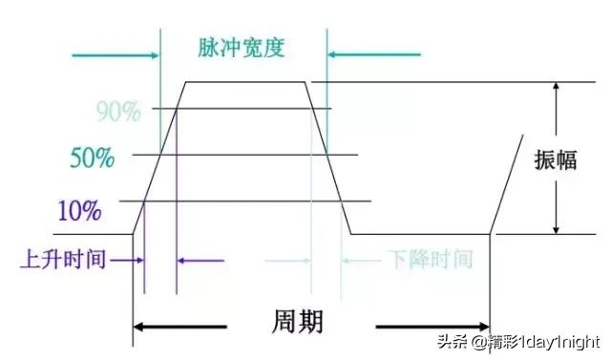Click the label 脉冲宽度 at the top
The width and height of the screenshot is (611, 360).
click(x=242, y=47)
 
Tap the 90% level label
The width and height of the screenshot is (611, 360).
click(x=118, y=112)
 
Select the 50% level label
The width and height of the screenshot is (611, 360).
click(x=92, y=157)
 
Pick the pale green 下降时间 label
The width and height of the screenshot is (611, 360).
click(x=430, y=259)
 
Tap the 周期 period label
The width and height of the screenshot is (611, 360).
click(x=296, y=321)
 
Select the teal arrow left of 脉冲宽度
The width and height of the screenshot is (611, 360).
click(x=115, y=55)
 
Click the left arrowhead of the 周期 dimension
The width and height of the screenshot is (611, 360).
click(x=139, y=328)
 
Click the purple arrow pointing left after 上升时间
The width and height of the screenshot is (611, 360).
click(x=199, y=260)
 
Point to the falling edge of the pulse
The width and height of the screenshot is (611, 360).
click(x=327, y=158)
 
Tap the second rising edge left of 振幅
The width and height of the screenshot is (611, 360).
click(x=507, y=186)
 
